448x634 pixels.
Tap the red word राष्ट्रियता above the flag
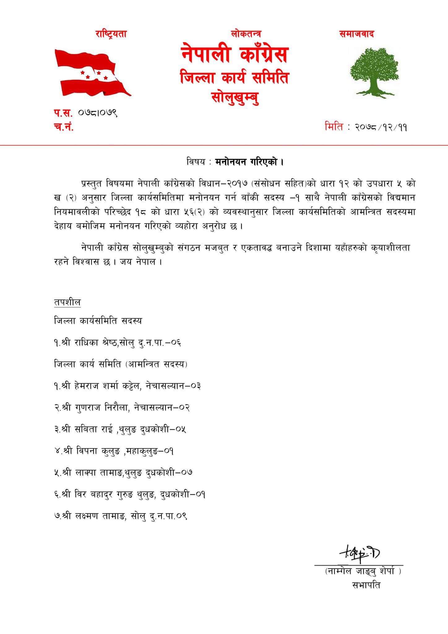tap(111, 34)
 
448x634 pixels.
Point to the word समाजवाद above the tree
tap(357, 34)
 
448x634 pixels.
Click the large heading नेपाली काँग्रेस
tap(234, 54)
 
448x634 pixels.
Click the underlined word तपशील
tap(67, 302)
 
